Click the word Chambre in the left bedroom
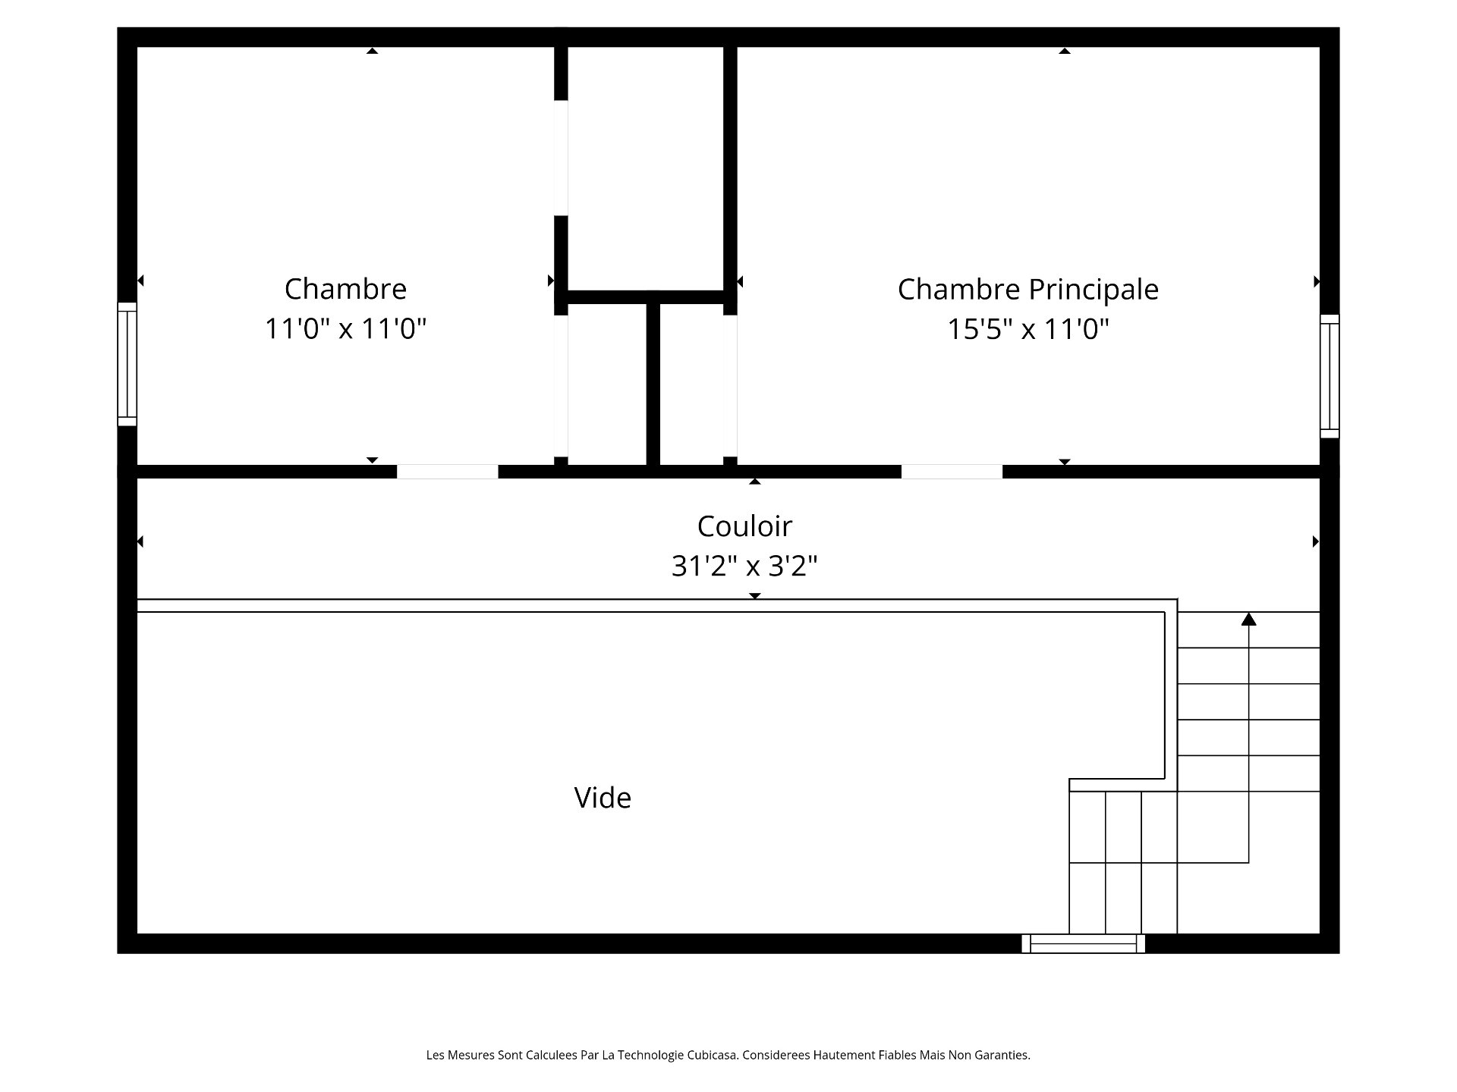coord(345,289)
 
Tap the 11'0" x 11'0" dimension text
coord(345,329)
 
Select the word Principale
coord(1094,290)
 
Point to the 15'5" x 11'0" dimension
coord(1028,329)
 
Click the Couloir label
coord(744,526)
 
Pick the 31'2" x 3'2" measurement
coord(744,566)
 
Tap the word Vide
coord(603,798)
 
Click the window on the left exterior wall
coord(127,364)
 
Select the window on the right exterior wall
coord(1330,376)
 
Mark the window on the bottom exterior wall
coord(1083,943)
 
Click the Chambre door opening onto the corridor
coord(448,472)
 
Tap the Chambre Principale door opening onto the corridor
coord(952,472)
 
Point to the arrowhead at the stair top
coord(1248,619)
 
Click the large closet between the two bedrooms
coord(646,168)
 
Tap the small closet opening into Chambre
coord(607,384)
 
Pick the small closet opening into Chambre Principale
coord(691,384)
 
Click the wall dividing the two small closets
coord(653,384)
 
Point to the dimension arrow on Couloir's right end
coord(1316,541)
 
